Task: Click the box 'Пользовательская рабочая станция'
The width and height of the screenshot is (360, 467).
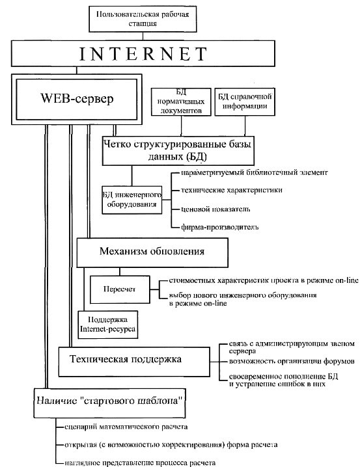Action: [143, 19]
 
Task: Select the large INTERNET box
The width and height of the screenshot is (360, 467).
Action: [143, 53]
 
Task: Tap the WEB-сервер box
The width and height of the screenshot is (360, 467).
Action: [77, 99]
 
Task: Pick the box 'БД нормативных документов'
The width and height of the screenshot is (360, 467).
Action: [181, 101]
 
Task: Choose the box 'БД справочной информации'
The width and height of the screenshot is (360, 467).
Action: [245, 101]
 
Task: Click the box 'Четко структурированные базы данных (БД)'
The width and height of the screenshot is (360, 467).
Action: [178, 151]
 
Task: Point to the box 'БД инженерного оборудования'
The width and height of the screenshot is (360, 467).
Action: [132, 200]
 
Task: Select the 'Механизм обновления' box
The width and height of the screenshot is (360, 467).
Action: [152, 252]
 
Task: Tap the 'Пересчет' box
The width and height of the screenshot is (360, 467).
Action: [120, 289]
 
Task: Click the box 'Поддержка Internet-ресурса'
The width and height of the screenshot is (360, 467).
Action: [108, 325]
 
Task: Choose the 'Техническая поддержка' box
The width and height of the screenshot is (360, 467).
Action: [134, 362]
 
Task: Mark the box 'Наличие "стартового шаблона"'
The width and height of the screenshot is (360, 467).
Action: [109, 403]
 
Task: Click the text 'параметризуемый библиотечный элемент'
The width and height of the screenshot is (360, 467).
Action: [254, 172]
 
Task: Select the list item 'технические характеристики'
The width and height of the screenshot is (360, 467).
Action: [232, 190]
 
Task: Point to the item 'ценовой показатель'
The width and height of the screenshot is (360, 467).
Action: [215, 209]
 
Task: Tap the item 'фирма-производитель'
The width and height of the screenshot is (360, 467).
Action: [219, 227]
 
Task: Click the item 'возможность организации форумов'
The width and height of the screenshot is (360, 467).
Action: [292, 361]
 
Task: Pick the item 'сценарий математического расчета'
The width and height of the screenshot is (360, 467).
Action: [126, 427]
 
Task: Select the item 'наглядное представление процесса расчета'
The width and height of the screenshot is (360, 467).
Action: [140, 463]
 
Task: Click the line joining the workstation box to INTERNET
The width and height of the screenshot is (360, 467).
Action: [143, 36]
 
